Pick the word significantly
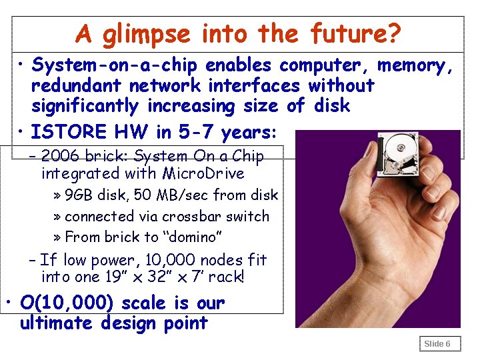tap(86, 106)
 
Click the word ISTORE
tap(64, 132)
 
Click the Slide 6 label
tap(437, 344)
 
